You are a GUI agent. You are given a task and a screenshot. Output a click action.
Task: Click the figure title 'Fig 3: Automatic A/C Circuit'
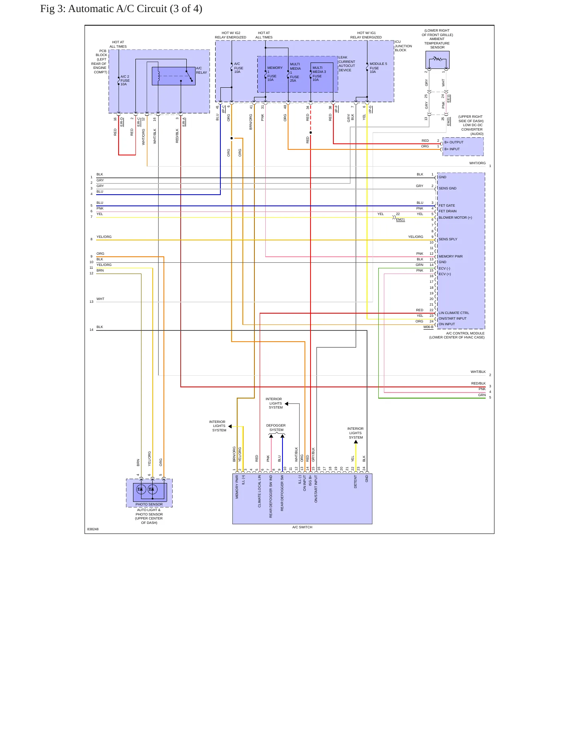103,9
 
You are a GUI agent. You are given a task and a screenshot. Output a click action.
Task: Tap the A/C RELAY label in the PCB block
202,70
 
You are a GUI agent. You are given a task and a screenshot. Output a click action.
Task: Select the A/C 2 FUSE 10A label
125,81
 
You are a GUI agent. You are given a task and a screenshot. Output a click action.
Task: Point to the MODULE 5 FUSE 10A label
378,68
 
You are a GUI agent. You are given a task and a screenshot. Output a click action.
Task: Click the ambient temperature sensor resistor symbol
438,59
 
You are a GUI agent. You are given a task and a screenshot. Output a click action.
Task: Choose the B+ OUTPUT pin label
454,142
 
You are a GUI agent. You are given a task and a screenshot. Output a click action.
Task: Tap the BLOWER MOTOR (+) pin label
455,218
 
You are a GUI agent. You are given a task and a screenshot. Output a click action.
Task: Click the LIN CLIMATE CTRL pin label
454,313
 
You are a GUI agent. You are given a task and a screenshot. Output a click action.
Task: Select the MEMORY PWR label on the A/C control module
450,257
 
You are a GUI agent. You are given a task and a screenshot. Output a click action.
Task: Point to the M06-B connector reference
428,327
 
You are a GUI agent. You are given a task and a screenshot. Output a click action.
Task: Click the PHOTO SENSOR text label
149,505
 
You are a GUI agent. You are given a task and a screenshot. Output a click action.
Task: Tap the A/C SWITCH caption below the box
302,528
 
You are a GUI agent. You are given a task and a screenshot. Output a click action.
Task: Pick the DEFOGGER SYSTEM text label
276,428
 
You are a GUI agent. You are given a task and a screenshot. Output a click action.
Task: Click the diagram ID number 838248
93,530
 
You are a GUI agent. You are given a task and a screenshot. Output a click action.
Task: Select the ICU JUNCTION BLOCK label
403,46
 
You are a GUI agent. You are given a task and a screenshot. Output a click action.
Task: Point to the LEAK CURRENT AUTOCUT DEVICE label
347,64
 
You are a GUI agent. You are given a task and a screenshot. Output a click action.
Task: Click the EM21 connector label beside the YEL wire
400,220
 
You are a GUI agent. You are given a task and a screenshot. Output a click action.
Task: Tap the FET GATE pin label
447,206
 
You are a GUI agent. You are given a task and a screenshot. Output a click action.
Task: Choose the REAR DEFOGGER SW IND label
271,497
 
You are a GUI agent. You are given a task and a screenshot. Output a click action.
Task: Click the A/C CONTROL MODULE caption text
465,334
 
